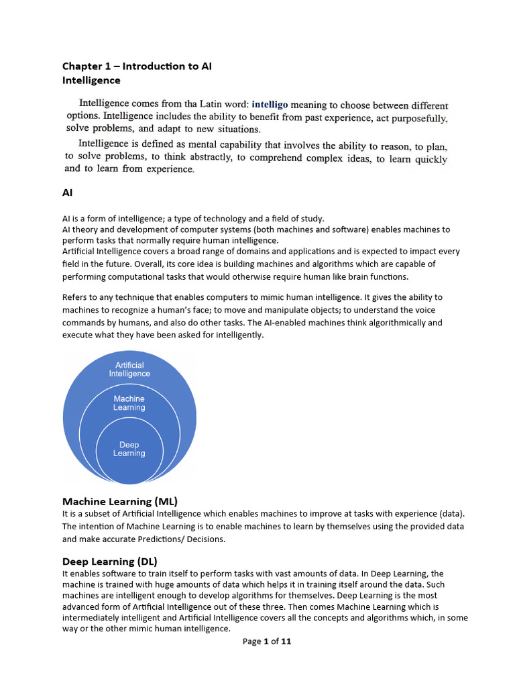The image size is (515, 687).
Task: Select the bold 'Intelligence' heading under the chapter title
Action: [91, 81]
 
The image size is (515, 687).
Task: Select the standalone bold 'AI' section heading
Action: [68, 193]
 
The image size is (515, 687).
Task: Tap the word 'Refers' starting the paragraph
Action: [76, 297]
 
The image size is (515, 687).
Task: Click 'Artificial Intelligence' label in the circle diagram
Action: [129, 370]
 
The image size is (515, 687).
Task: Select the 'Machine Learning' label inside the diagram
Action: [129, 403]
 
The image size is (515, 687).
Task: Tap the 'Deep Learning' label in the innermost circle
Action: [129, 449]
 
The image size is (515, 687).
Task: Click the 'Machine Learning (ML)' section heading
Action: [119, 501]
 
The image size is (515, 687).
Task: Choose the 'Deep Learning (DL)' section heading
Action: [110, 561]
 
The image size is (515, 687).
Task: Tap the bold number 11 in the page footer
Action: [286, 641]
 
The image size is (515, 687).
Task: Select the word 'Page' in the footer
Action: [252, 641]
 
